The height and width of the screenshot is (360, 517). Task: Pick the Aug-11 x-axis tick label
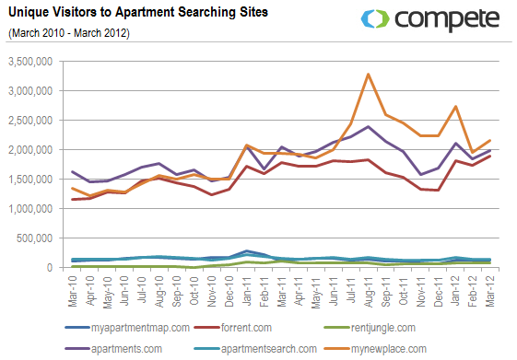(369, 287)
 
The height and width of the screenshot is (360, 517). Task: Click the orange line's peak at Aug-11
(369, 75)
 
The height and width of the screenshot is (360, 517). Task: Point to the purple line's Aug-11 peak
(369, 126)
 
